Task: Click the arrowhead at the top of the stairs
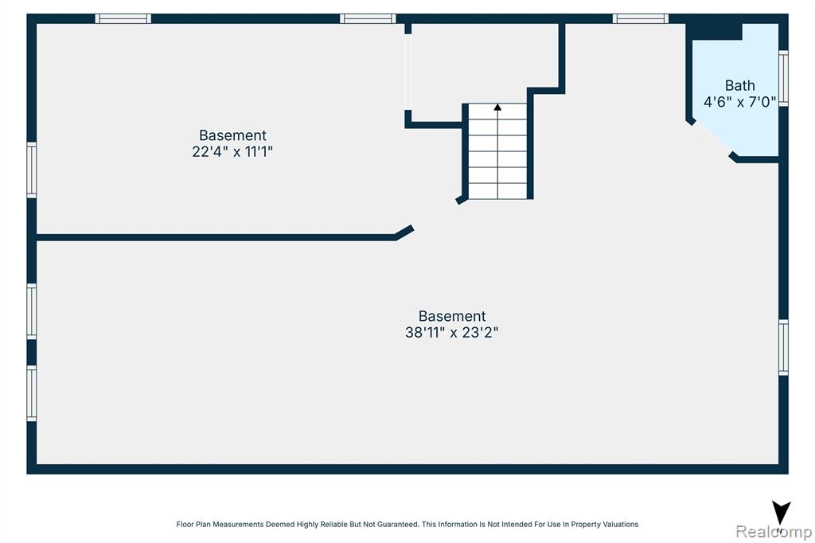[497, 107]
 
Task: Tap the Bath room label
[739, 85]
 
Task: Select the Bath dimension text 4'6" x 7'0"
[739, 102]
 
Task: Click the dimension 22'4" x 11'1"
[232, 152]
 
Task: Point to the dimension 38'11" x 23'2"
[452, 332]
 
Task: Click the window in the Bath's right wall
[783, 79]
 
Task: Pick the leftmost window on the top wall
[123, 19]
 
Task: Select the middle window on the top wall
[368, 19]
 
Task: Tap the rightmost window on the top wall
[641, 19]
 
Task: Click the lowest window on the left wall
[32, 393]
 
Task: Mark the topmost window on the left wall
[32, 170]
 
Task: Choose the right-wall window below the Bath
[783, 347]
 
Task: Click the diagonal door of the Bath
[712, 139]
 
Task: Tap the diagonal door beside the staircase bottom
[435, 215]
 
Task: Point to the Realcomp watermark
[774, 532]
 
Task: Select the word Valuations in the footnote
[619, 524]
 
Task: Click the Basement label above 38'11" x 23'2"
[452, 316]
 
